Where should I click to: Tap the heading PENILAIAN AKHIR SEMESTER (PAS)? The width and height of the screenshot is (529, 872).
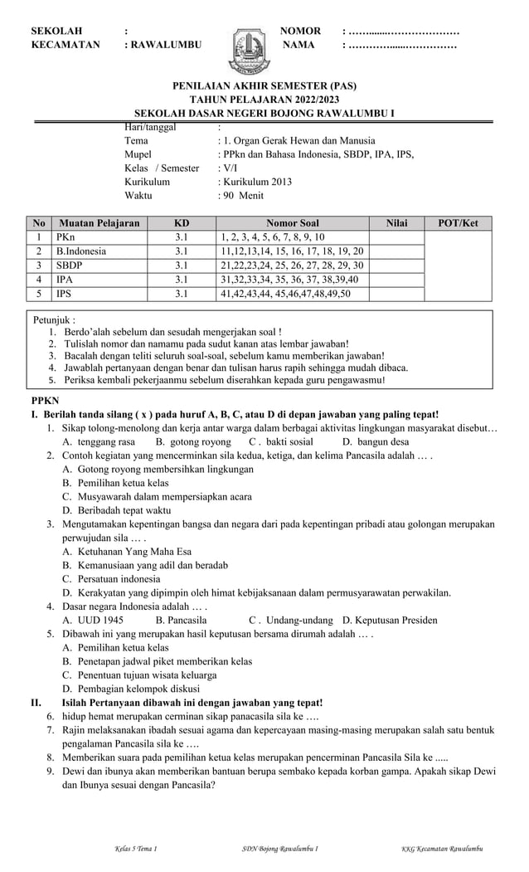click(x=264, y=85)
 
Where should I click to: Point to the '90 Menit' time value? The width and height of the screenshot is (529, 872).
click(x=243, y=196)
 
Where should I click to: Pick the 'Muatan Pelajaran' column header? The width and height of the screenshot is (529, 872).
click(x=99, y=223)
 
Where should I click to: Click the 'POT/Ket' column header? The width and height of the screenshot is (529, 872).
click(x=458, y=223)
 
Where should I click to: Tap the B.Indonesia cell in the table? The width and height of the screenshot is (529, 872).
click(x=80, y=251)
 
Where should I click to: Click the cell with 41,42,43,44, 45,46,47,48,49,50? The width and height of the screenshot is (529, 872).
click(x=285, y=294)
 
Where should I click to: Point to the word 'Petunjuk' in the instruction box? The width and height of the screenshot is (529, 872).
click(x=54, y=319)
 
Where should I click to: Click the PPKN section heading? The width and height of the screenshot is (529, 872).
click(x=45, y=400)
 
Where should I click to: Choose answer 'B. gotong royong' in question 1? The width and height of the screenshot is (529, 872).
click(x=193, y=442)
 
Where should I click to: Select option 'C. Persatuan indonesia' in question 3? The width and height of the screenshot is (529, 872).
click(x=111, y=578)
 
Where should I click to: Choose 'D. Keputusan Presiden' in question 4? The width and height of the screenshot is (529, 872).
click(x=390, y=620)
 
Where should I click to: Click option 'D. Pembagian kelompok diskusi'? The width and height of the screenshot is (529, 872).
click(x=131, y=688)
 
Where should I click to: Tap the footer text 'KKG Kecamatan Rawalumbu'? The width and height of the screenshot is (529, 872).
click(x=442, y=848)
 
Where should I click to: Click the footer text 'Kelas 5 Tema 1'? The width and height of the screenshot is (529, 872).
click(x=135, y=848)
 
